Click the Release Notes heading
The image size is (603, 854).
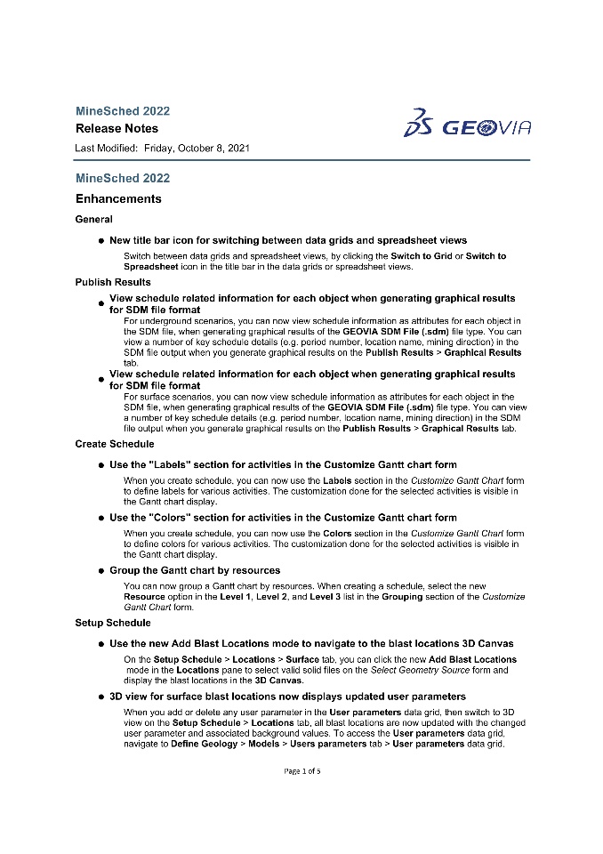(117, 128)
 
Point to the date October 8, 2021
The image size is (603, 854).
(212, 148)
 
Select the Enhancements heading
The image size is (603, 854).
(118, 198)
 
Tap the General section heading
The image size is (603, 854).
(93, 219)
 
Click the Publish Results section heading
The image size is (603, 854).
(113, 282)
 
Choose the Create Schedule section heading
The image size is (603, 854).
(115, 444)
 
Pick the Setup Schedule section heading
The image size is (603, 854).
(113, 623)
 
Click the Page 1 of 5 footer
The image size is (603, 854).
(302, 770)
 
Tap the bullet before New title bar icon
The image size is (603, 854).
(101, 240)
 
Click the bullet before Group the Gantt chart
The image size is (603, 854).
(101, 570)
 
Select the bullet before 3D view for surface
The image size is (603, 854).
(101, 697)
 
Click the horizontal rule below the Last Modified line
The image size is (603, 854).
(302, 160)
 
